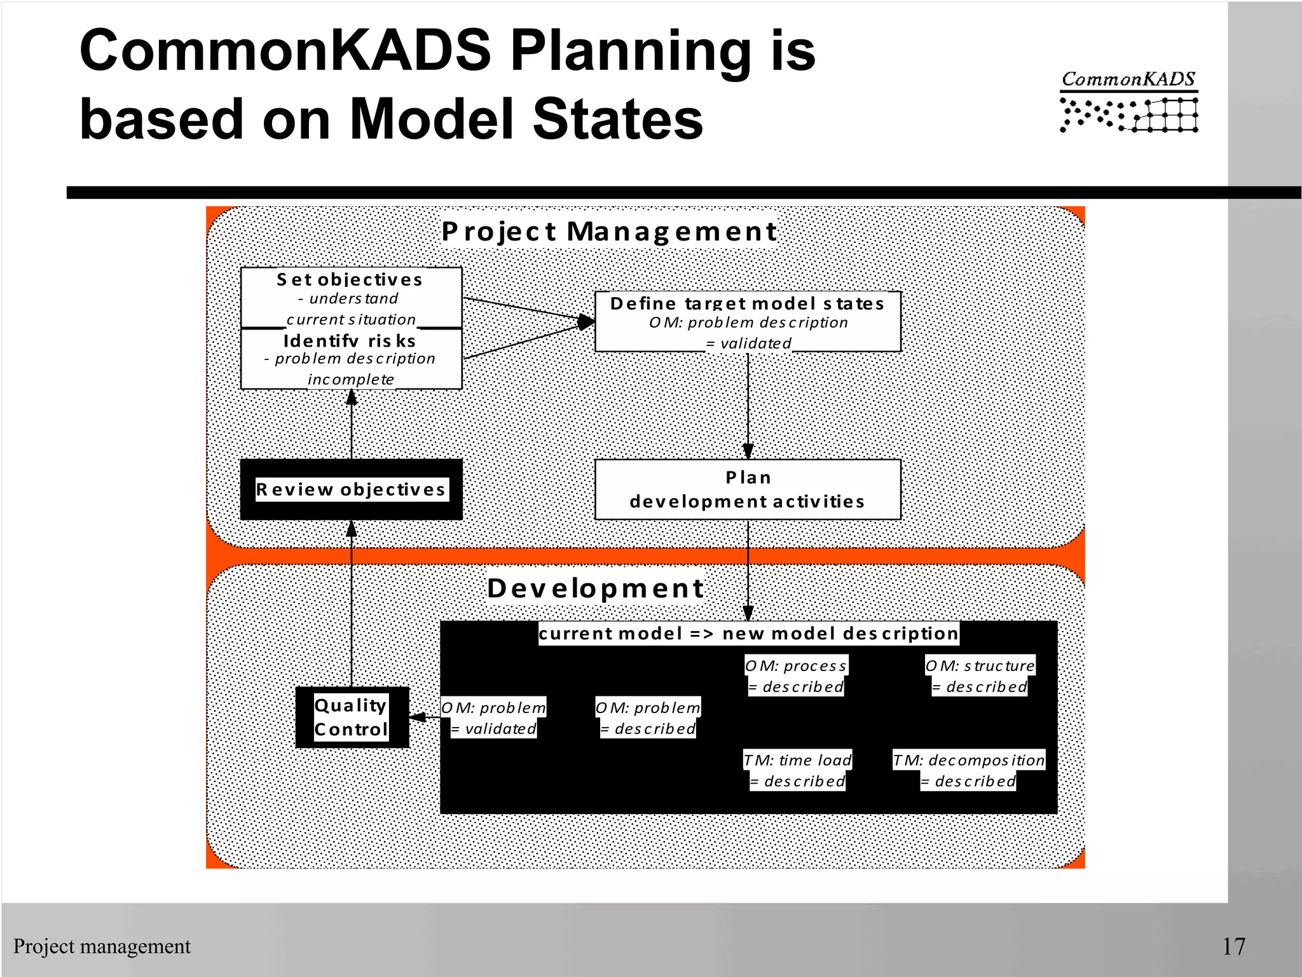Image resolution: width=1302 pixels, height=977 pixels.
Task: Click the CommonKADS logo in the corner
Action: point(1128,102)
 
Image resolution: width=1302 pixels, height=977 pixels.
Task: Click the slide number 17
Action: point(1233,946)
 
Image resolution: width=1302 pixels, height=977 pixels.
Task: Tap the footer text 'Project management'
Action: point(102,946)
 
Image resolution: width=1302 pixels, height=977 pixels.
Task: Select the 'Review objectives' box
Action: point(351,489)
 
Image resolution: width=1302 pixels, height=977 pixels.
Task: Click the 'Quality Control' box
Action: point(352,717)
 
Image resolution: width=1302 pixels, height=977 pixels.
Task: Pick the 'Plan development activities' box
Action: point(748,489)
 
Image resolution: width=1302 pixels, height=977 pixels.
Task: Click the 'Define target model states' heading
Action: point(747,303)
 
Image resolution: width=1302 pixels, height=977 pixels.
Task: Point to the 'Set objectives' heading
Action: point(350,279)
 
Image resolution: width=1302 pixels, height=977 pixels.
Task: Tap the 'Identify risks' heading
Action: point(350,341)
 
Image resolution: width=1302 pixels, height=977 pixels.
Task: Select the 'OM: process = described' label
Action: point(796,676)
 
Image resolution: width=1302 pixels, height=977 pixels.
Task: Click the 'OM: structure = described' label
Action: point(980,676)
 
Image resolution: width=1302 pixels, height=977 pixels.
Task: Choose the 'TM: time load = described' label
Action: point(798,770)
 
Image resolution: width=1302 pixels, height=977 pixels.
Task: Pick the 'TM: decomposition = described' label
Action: point(968,770)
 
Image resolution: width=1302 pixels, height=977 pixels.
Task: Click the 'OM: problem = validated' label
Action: point(494,717)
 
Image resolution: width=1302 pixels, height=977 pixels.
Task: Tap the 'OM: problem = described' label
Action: point(648,717)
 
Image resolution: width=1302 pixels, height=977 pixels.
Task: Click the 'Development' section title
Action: point(596,588)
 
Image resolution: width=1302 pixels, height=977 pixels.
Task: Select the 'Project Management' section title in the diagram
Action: point(609,232)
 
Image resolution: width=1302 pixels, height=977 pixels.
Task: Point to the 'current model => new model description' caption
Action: point(748,634)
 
